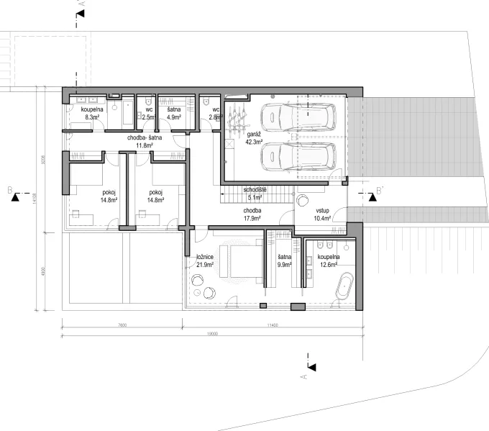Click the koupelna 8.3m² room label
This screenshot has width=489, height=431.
point(93,113)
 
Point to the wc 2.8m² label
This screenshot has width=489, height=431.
point(214,113)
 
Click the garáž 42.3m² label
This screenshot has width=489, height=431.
point(252,138)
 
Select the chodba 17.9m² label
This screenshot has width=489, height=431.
point(252,214)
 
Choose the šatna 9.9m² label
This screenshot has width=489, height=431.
point(283,260)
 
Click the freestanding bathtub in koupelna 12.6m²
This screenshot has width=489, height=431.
point(347,286)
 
